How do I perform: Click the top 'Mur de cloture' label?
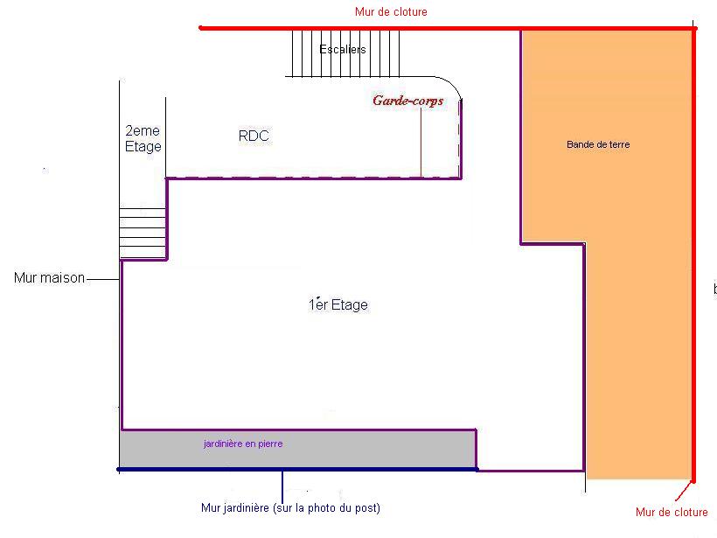391,12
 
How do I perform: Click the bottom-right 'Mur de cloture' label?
672,513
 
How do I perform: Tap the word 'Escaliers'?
343,50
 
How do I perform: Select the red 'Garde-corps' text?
407,101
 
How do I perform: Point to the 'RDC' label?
254,136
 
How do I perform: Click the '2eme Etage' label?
143,139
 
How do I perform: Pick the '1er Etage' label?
338,304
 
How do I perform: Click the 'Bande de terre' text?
598,144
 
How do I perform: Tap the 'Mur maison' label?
50,278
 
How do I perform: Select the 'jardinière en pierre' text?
243,444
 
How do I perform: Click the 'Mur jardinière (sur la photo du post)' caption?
290,507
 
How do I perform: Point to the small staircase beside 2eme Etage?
143,233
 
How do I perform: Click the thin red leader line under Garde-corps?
421,144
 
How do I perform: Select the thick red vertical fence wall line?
694,262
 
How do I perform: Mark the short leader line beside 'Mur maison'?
102,279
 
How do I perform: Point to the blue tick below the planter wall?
282,483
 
